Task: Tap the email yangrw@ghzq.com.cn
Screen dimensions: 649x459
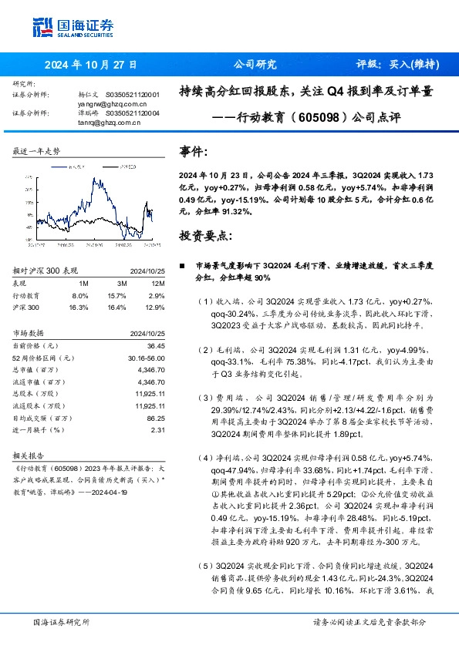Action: click(x=113, y=103)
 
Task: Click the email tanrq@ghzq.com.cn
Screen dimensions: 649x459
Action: click(x=110, y=121)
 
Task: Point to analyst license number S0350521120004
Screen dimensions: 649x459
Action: click(x=132, y=113)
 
